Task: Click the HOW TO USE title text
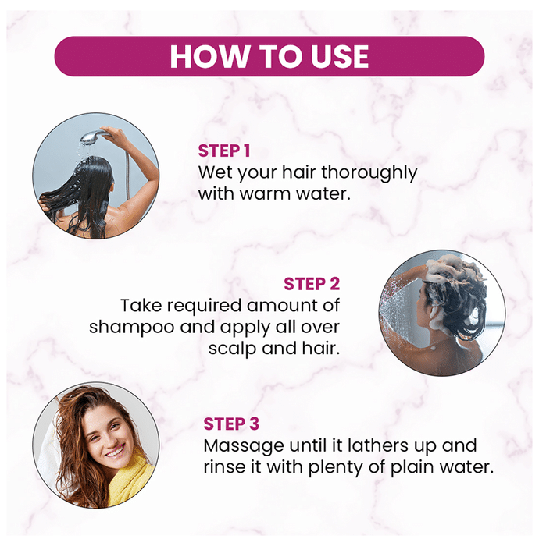pyautogui.click(x=269, y=56)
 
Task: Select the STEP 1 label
pyautogui.click(x=224, y=151)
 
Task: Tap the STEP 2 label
pyautogui.click(x=312, y=284)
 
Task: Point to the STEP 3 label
pyautogui.click(x=231, y=424)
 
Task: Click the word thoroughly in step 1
pyautogui.click(x=369, y=173)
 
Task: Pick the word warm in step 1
pyautogui.click(x=266, y=194)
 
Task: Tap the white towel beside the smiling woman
pyautogui.click(x=49, y=453)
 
